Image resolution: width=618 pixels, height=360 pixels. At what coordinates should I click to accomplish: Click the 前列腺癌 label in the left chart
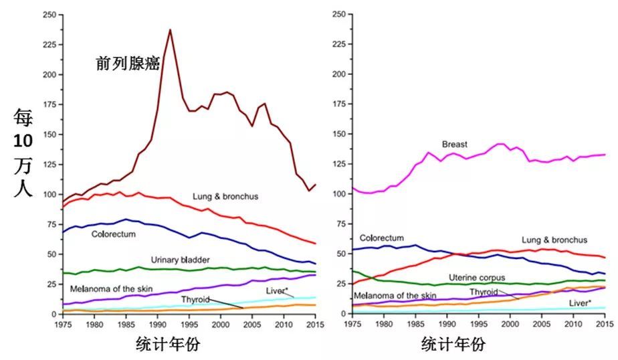coord(128,64)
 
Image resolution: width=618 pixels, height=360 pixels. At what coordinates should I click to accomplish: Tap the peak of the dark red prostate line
coord(170,29)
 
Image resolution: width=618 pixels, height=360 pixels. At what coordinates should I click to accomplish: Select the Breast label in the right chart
coord(454,145)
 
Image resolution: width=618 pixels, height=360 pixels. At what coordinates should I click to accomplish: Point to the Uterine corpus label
coord(478,277)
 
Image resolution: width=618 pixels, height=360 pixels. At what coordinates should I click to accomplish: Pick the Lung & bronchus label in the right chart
coord(554,240)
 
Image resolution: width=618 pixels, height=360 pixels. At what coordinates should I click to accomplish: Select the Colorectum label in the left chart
coord(114,235)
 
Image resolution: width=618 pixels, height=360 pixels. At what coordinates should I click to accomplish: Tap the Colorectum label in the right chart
coord(382,238)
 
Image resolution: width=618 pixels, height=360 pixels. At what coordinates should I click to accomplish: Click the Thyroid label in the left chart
coord(195,299)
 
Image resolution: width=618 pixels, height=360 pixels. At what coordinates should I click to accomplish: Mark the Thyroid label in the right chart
coord(484,292)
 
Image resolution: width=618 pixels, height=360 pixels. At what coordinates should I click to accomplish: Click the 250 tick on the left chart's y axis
coord(49,14)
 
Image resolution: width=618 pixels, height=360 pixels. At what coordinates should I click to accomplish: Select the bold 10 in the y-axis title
coord(21,142)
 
